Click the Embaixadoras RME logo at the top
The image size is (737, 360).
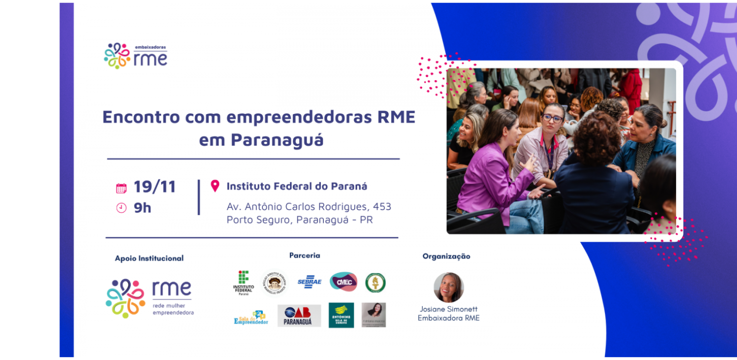136,55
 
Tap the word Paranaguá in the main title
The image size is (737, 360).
278,140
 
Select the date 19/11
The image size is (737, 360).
154,187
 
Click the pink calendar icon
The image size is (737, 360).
121,188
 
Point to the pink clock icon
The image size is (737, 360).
121,208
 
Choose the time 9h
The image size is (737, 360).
142,208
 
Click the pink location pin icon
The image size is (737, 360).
215,186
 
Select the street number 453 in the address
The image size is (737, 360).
382,207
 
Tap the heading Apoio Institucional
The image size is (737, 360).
149,258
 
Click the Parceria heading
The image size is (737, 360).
305,255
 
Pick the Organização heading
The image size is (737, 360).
446,256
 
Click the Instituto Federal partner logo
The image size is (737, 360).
243,283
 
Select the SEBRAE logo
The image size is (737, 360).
310,282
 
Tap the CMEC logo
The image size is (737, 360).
343,282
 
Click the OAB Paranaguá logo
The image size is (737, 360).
299,316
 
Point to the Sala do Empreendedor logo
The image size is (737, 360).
251,318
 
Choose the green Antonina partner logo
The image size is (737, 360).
341,315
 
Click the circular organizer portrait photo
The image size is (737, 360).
449,287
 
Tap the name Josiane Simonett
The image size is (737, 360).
449,309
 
